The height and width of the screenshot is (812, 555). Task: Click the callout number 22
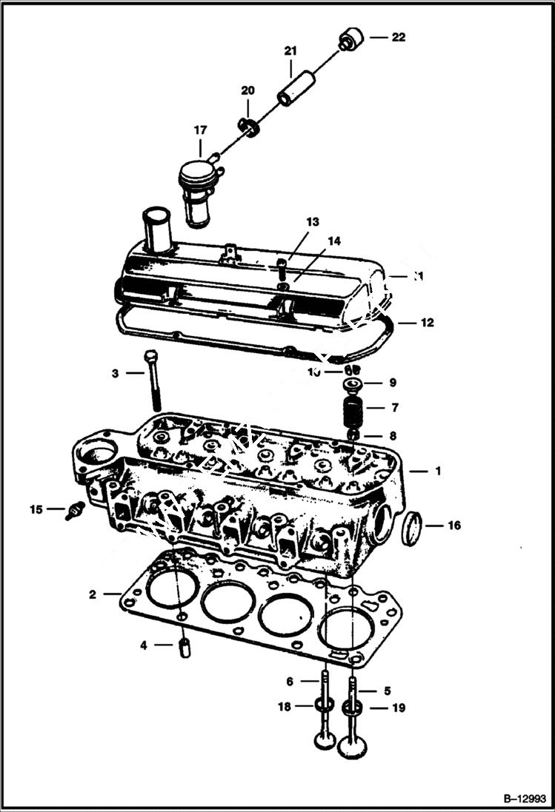point(399,37)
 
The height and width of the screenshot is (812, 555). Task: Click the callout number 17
point(201,130)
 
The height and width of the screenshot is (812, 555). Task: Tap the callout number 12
point(428,323)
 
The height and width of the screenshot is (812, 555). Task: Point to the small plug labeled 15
point(73,510)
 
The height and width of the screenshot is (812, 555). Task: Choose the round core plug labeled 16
point(413,526)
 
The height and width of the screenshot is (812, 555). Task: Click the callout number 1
point(437,471)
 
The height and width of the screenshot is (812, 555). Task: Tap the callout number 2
point(93,594)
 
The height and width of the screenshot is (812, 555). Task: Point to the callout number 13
point(312,222)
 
